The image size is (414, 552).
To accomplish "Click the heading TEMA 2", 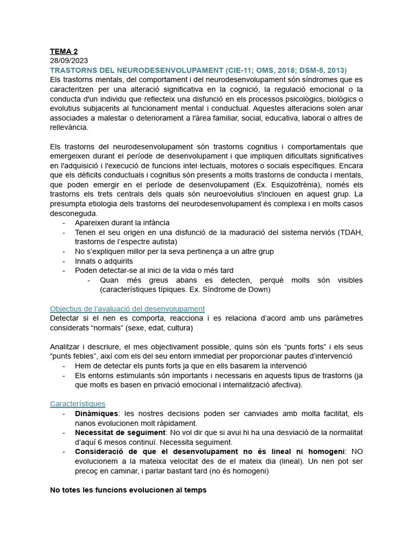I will click(x=64, y=51).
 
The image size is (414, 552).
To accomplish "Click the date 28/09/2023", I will click(x=69, y=60).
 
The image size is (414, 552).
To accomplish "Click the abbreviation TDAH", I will click(x=351, y=232).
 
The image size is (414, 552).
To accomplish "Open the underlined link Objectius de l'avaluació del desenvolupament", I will click(x=127, y=309).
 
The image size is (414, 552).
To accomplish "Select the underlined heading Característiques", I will click(x=78, y=404).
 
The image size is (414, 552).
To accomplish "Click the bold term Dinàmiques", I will click(x=96, y=413).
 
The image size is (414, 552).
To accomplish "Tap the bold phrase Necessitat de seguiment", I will click(x=120, y=432).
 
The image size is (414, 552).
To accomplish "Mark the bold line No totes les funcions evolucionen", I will click(x=128, y=490).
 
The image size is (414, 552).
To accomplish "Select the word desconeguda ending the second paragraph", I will click(x=73, y=213).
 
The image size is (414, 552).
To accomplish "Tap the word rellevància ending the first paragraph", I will click(x=68, y=128).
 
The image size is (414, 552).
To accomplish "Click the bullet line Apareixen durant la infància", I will click(x=122, y=223).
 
